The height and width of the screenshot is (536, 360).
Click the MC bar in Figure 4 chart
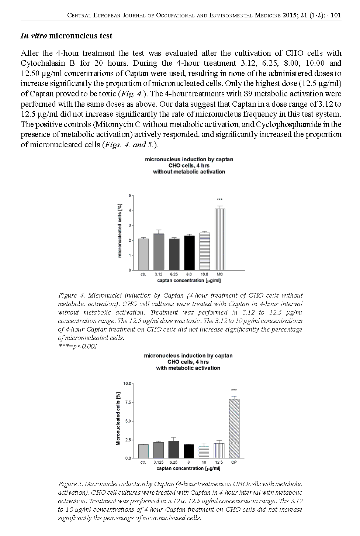[x=220, y=240]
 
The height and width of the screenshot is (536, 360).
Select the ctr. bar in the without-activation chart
[x=143, y=254]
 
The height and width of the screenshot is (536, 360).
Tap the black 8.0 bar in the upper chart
[x=189, y=253]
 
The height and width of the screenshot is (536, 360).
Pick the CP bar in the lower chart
[x=234, y=429]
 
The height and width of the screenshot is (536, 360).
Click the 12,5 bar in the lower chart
[x=219, y=451]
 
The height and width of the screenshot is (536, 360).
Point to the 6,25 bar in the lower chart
[x=173, y=450]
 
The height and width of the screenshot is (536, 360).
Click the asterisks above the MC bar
[x=220, y=200]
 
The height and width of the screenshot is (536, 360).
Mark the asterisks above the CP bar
[x=234, y=390]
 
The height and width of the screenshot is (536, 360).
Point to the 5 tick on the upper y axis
[x=130, y=195]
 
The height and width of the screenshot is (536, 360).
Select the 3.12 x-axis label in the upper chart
[x=159, y=274]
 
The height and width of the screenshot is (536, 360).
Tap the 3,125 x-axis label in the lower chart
[x=158, y=462]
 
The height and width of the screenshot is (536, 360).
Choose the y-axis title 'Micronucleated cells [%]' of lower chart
[x=118, y=421]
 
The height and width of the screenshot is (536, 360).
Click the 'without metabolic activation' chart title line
[x=189, y=172]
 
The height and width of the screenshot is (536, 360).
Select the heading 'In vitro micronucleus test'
[x=66, y=36]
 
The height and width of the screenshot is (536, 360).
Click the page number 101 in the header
[x=336, y=16]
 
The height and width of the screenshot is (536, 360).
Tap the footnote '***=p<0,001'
[x=78, y=346]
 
